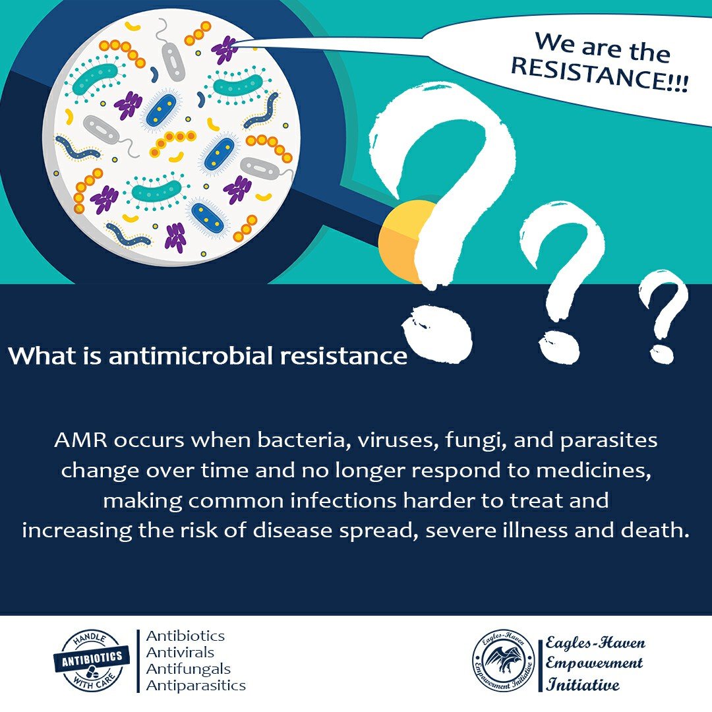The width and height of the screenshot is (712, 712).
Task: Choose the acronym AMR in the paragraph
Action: pyautogui.click(x=81, y=440)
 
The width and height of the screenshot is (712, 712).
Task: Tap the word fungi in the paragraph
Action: pyautogui.click(x=475, y=441)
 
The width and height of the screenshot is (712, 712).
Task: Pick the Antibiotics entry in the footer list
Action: pyautogui.click(x=185, y=636)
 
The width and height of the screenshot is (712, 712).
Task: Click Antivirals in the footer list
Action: pyautogui.click(x=180, y=653)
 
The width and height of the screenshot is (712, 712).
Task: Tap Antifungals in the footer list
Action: pyautogui.click(x=188, y=669)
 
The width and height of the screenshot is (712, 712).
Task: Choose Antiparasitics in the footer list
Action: pyautogui.click(x=196, y=685)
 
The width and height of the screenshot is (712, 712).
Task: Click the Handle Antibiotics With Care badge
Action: pyautogui.click(x=92, y=660)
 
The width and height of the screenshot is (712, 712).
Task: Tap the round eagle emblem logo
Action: pyautogui.click(x=504, y=660)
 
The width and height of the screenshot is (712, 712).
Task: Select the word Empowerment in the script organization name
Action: pyautogui.click(x=594, y=663)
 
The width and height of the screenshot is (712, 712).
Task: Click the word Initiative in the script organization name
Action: pyautogui.click(x=583, y=684)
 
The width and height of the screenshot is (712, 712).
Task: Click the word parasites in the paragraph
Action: pyautogui.click(x=608, y=441)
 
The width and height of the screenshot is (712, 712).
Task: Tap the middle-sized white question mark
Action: pyautogui.click(x=561, y=282)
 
